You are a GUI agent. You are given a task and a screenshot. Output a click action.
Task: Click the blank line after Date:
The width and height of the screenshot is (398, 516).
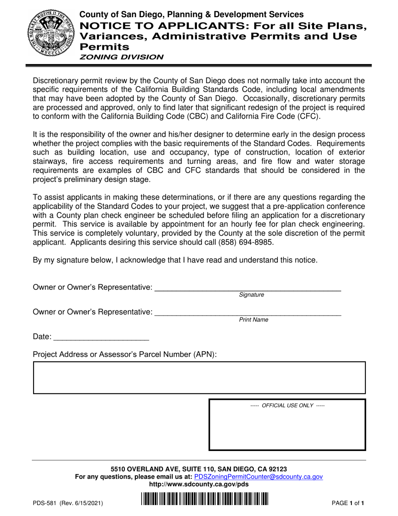101,338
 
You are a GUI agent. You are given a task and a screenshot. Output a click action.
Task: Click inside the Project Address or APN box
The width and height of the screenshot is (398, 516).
199,378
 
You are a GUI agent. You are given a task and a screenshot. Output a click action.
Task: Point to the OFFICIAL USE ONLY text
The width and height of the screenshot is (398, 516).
287,406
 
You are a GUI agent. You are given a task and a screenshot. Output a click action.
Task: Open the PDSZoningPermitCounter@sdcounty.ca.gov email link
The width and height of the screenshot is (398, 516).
258,477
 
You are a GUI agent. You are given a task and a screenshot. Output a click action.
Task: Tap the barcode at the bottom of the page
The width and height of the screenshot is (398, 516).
204,501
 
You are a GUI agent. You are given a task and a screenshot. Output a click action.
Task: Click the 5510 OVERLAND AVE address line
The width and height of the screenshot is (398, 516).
199,469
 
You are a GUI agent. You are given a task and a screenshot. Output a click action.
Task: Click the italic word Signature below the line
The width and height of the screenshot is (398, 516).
251,295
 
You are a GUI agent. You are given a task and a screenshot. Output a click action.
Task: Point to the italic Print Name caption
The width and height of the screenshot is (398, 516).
253,320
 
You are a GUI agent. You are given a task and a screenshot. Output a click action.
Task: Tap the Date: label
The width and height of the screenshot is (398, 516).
42,336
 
